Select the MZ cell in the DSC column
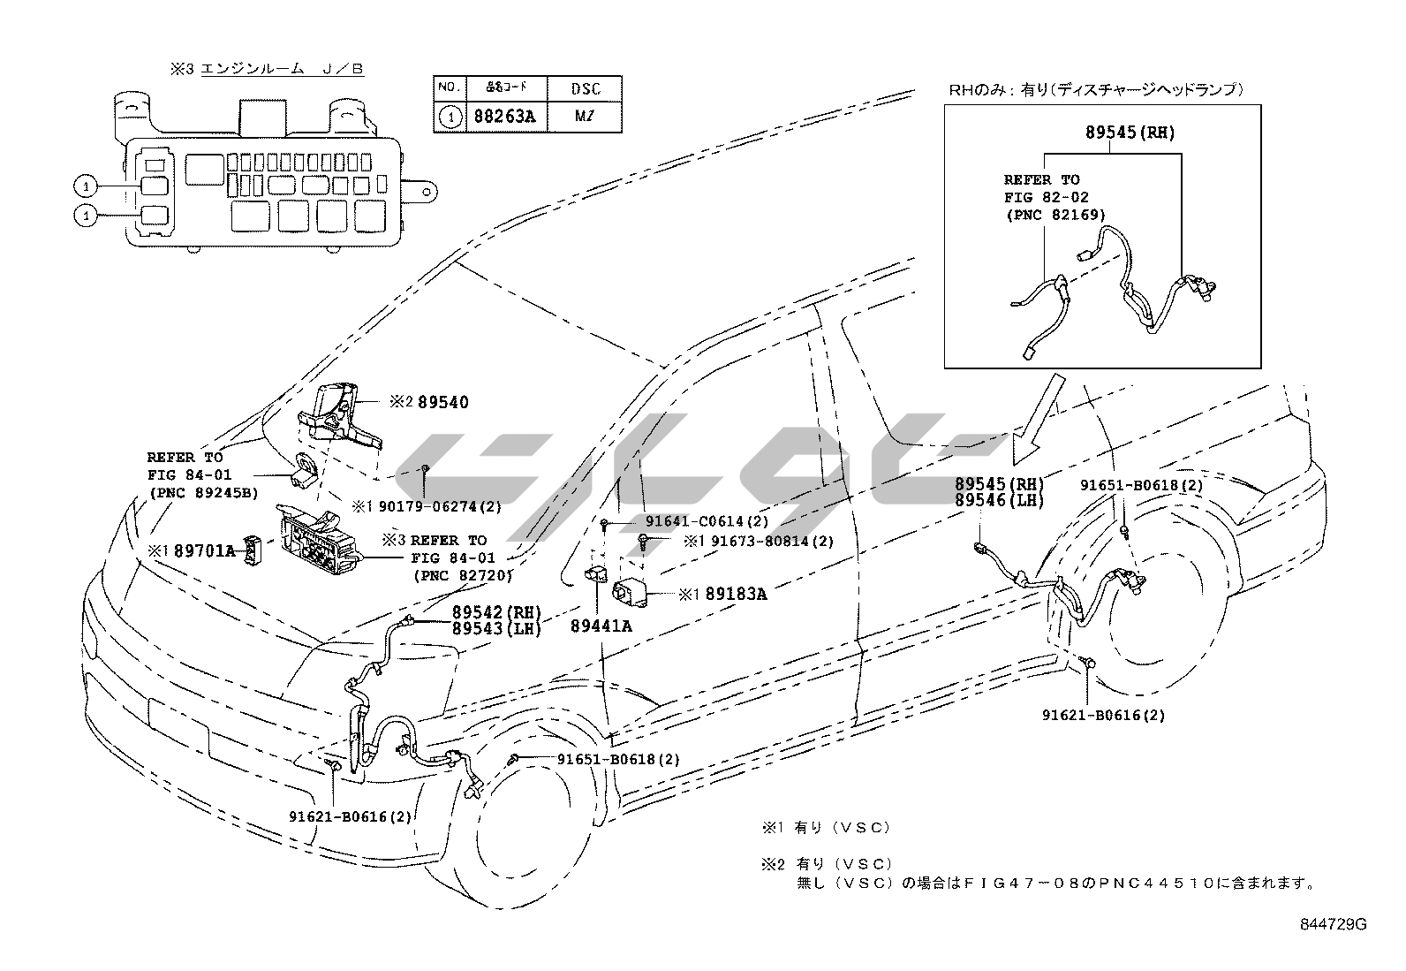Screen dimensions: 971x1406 [585, 117]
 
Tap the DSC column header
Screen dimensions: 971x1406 [585, 88]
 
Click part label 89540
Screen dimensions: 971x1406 [442, 402]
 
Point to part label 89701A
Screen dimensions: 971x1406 [204, 550]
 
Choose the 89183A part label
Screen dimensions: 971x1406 [735, 594]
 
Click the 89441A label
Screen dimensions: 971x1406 [601, 626]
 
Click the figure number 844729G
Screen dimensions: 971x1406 [1333, 924]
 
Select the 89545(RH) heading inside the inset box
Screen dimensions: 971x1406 [1130, 133]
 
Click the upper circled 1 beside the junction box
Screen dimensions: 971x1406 [85, 186]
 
